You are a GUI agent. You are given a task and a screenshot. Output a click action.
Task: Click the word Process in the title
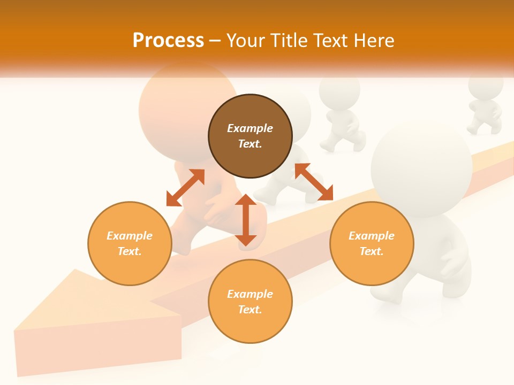[x=168, y=41]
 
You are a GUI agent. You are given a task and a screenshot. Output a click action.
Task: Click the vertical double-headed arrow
[x=246, y=220]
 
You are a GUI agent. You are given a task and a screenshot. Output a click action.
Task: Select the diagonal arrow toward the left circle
[x=185, y=187]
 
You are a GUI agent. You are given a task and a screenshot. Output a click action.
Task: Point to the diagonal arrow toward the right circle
[x=314, y=182]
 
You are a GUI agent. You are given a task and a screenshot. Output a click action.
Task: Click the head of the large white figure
[x=421, y=166]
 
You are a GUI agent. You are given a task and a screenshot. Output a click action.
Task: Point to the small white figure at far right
[x=485, y=104]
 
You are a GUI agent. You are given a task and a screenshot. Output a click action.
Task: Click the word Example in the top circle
[x=250, y=128]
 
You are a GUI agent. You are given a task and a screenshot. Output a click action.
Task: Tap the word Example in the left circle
[x=130, y=236]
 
